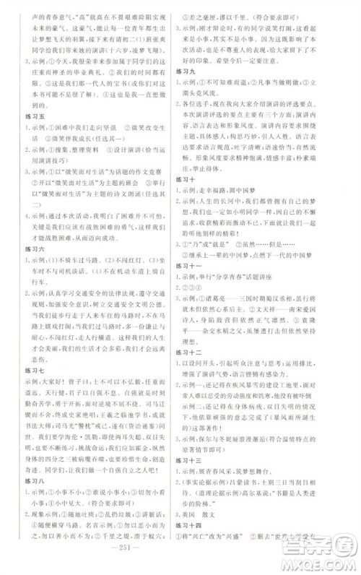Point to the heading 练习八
pos(32,496)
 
